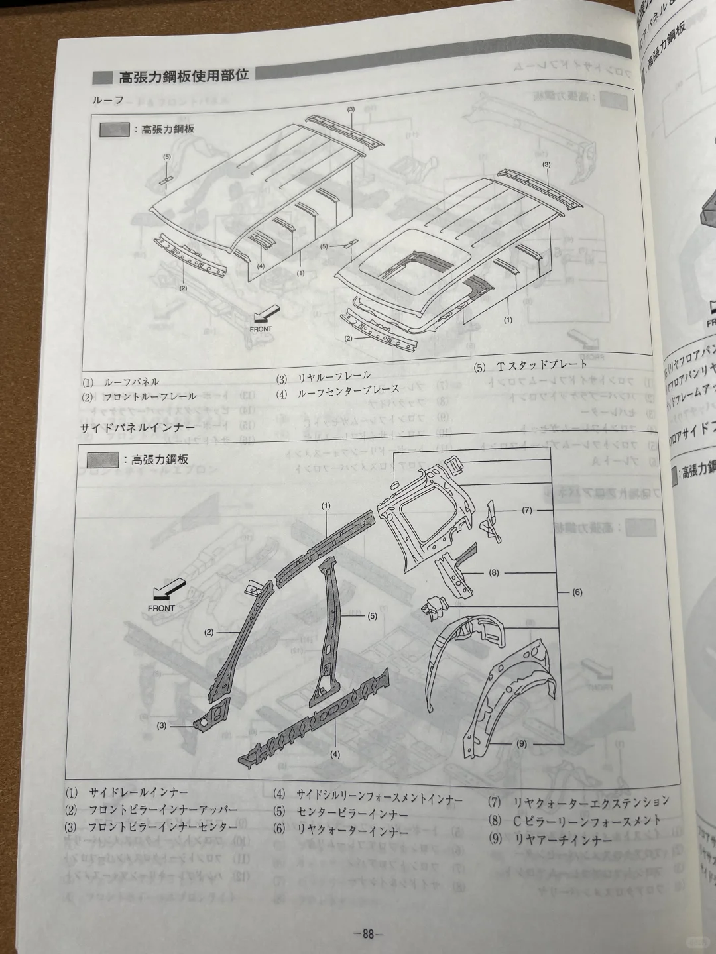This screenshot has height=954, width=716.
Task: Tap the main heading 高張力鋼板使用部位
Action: coord(183,76)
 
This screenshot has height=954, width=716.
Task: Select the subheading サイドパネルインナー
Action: coord(137,428)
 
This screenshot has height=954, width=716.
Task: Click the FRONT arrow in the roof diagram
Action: coord(265,313)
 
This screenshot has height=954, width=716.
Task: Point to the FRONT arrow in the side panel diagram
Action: coord(165,594)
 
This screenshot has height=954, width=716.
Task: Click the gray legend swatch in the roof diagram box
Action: coord(113,130)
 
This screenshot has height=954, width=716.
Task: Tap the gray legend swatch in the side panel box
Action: coord(103,459)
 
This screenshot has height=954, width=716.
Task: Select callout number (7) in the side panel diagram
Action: coord(527,529)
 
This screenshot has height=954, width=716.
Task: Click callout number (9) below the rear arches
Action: coord(522,743)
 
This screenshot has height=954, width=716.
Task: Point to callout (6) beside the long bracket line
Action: coord(576,592)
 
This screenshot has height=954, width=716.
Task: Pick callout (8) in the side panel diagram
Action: coord(494,572)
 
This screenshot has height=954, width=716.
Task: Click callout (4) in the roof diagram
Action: coord(261,266)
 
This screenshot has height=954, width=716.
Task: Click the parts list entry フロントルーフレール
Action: coord(149,396)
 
